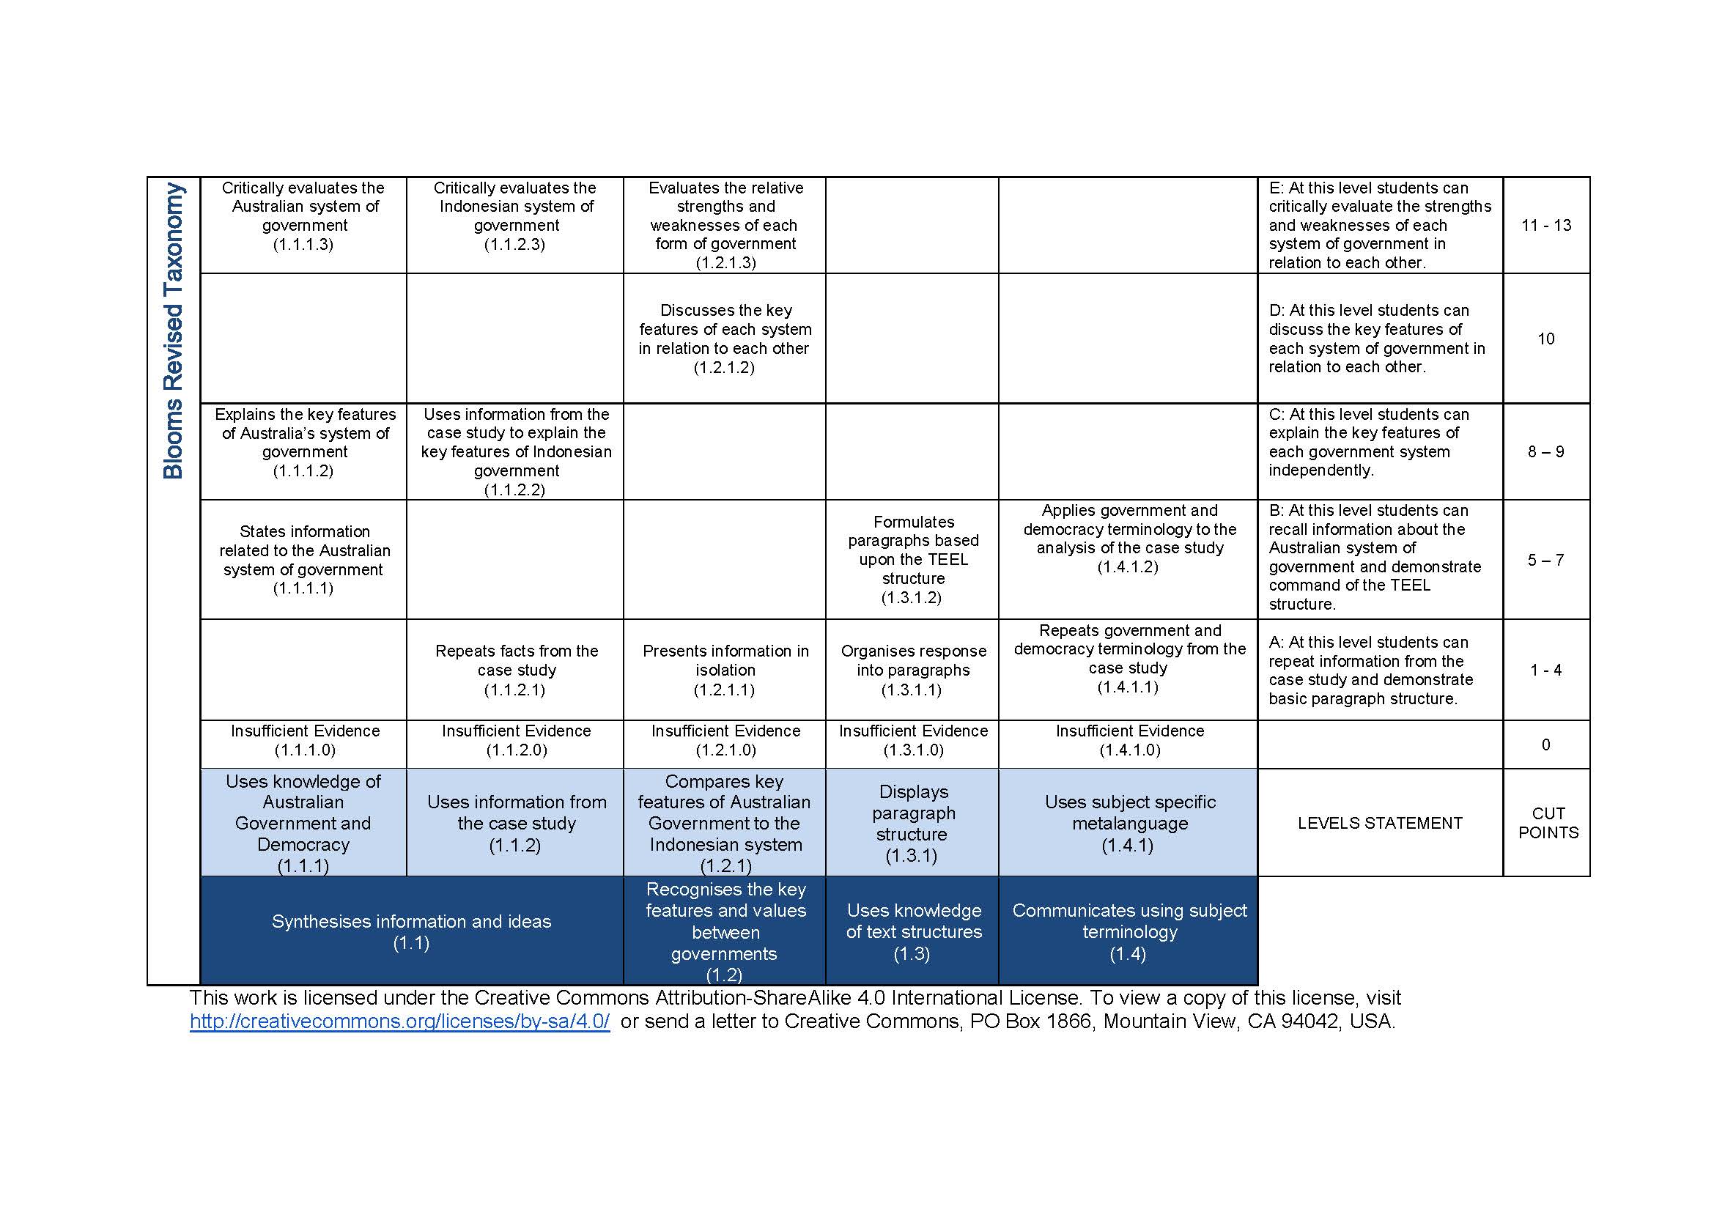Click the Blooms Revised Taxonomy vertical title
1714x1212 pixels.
(x=173, y=330)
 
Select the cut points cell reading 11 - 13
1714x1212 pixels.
(x=1545, y=226)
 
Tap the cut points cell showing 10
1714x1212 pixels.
(x=1545, y=339)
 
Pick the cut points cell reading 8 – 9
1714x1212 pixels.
(x=1545, y=451)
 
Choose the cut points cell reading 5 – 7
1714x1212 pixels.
(x=1545, y=560)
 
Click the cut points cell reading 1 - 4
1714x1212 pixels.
(x=1545, y=670)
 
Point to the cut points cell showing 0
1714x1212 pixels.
(x=1545, y=744)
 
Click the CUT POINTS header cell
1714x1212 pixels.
(x=1548, y=822)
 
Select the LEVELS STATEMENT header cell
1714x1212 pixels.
(x=1380, y=823)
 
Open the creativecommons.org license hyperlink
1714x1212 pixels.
(x=399, y=1021)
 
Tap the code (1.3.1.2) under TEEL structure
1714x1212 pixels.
(x=911, y=598)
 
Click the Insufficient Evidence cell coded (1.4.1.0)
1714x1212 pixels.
(x=1128, y=740)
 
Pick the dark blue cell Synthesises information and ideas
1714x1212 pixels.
(x=411, y=931)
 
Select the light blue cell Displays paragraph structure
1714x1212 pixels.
(x=912, y=823)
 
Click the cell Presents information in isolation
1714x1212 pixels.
(x=725, y=670)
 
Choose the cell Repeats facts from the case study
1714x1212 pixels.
(x=516, y=670)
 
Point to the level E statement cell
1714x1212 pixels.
(x=1379, y=226)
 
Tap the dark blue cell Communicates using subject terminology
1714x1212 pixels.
(x=1128, y=931)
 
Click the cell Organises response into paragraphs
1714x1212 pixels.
(x=912, y=670)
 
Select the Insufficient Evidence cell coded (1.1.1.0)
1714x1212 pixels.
(x=304, y=740)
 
